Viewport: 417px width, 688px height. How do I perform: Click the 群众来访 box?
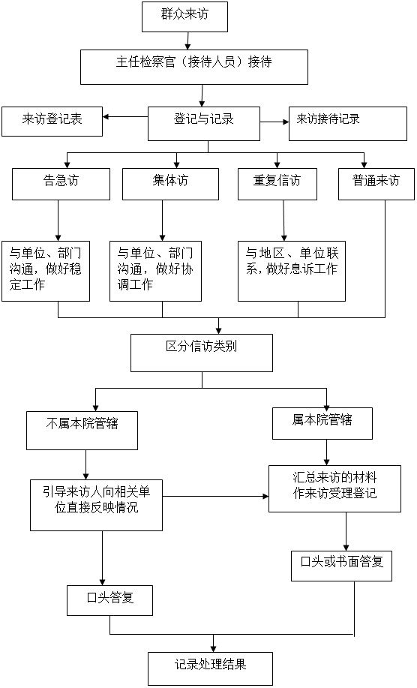[x=184, y=17]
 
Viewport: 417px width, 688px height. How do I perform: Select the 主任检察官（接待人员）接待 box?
[x=193, y=67]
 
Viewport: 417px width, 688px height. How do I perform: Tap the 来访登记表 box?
[x=52, y=122]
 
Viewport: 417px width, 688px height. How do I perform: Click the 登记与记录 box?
[x=204, y=124]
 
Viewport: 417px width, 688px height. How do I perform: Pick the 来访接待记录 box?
[x=348, y=124]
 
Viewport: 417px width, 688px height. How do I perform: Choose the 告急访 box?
[x=61, y=184]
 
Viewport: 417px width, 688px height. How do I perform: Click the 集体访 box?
[x=170, y=184]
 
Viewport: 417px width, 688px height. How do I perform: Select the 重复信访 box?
[x=277, y=184]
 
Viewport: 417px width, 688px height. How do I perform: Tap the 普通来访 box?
[x=376, y=184]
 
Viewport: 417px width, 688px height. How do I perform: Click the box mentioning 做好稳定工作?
[x=46, y=271]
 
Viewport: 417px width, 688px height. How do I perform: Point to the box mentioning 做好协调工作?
[x=156, y=271]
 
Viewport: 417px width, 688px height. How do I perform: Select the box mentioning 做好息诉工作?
[x=292, y=271]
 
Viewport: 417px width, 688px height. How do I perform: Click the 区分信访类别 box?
[x=202, y=353]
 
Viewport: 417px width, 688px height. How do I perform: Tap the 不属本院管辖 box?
[x=82, y=431]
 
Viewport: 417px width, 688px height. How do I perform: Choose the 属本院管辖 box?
[x=322, y=423]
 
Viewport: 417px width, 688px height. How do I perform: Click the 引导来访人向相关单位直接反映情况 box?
[x=97, y=505]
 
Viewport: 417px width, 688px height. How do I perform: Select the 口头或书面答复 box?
[x=341, y=566]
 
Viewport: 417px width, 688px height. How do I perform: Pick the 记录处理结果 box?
[x=211, y=668]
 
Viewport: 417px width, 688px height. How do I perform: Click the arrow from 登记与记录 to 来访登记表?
[x=125, y=117]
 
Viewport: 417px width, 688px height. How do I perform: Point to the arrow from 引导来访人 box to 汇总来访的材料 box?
[x=216, y=496]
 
